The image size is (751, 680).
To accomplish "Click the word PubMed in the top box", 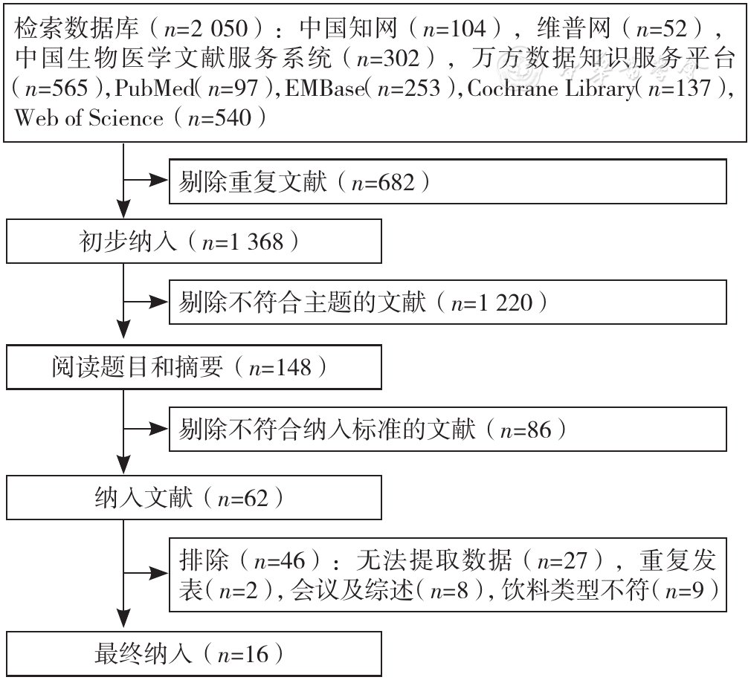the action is (x=154, y=88).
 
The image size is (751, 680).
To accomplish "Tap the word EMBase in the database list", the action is (x=324, y=88).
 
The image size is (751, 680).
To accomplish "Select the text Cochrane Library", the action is (x=551, y=88).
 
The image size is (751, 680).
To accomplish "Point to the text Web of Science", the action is (x=89, y=117).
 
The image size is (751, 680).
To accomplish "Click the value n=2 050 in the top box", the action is (x=206, y=29).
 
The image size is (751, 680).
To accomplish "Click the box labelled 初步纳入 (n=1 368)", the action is (x=194, y=242).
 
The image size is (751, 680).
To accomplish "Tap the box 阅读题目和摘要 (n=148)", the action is (x=194, y=367).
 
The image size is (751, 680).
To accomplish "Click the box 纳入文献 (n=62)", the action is (x=194, y=498).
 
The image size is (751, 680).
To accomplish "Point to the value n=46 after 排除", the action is (x=280, y=560).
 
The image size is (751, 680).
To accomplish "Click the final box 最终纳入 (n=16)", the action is (x=194, y=654).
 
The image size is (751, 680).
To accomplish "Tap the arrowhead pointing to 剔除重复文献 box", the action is (x=158, y=181).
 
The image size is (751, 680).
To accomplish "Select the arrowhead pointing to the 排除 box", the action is (x=158, y=573).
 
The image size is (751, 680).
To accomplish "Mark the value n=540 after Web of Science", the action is (x=219, y=117).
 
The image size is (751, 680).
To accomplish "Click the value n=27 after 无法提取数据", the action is (x=562, y=560).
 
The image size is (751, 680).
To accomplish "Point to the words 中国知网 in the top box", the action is (x=348, y=28).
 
